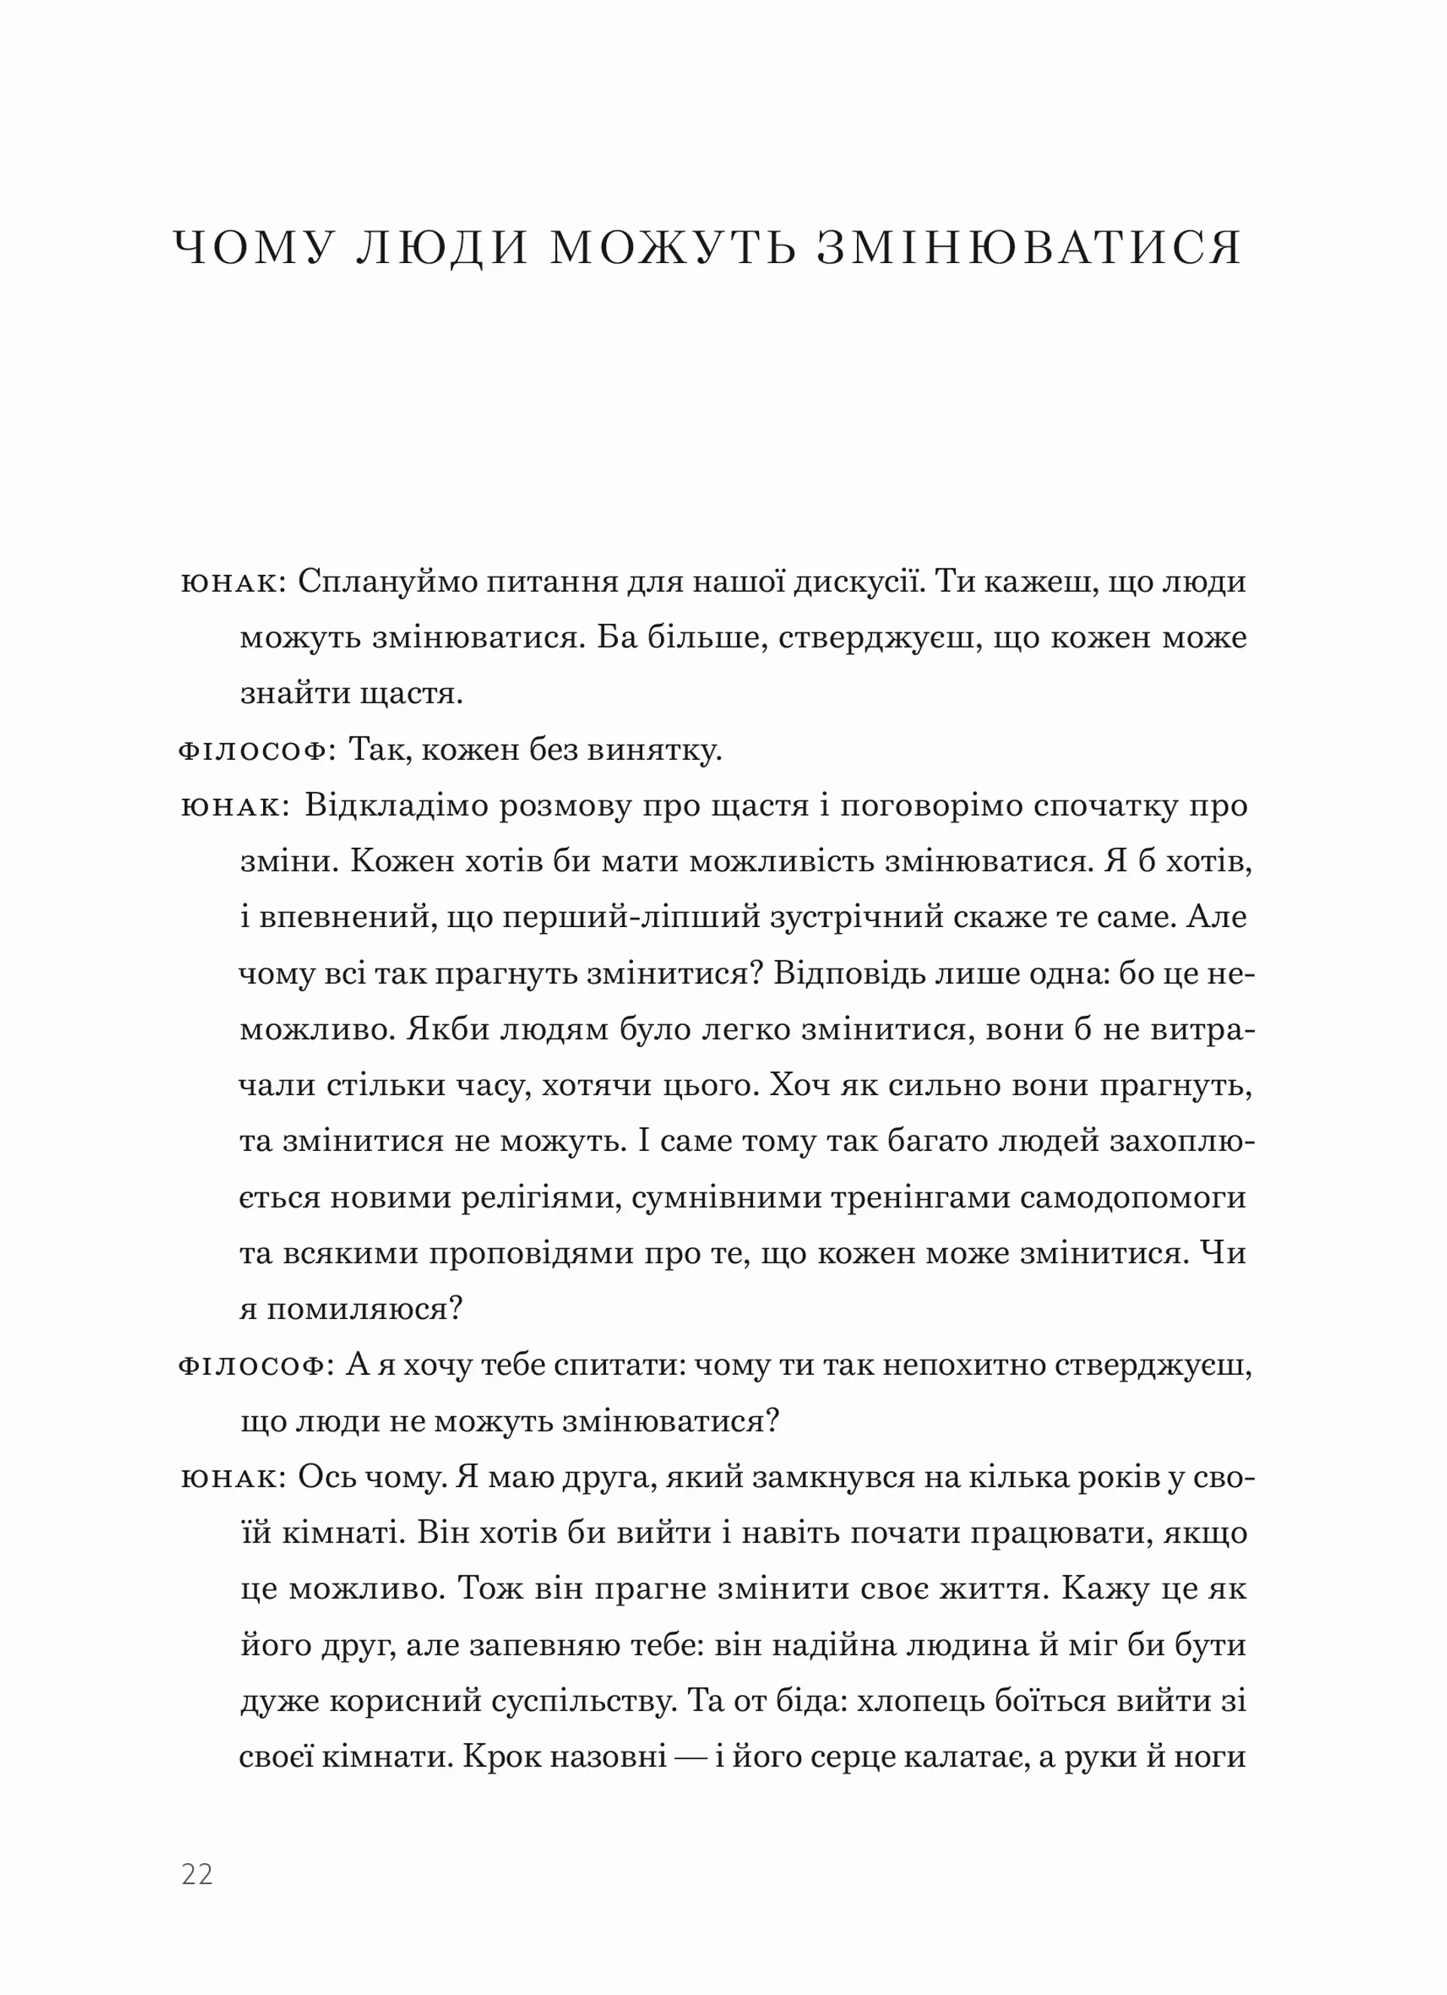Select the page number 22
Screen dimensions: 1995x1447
tap(197, 1874)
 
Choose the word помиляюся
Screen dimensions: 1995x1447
tap(364, 1310)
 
